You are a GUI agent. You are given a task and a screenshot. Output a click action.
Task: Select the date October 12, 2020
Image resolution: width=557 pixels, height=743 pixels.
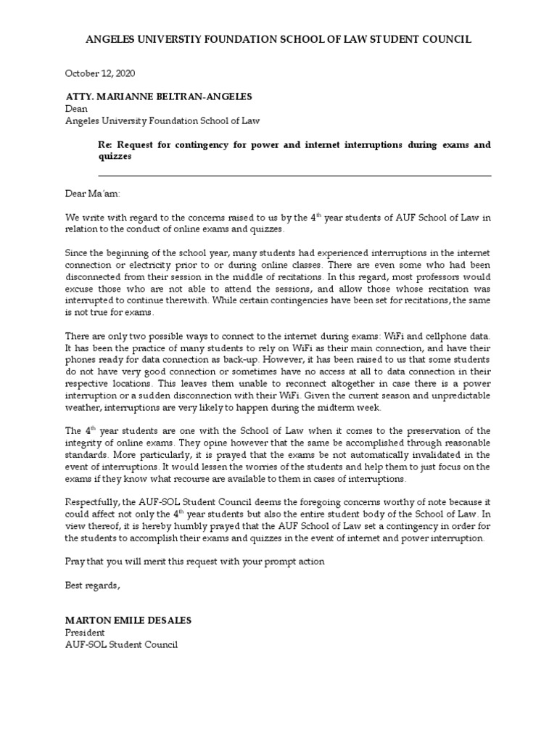tap(100, 73)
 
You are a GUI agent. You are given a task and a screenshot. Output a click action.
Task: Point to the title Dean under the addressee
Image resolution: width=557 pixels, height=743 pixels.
tap(76, 109)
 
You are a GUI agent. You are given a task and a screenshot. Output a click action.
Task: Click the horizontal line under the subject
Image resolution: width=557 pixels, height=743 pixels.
tap(294, 176)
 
